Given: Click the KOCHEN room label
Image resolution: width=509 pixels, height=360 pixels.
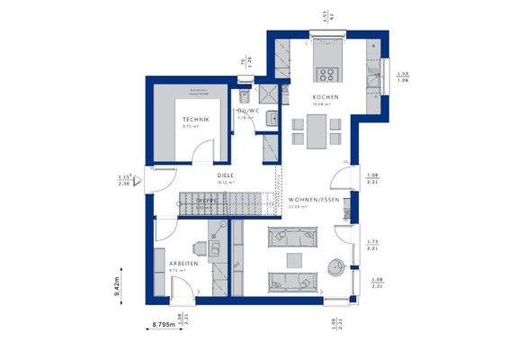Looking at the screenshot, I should click(326, 96).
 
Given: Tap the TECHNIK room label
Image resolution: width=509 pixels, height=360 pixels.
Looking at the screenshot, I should click(195, 120).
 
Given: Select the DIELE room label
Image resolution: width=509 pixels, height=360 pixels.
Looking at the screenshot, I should click(225, 175).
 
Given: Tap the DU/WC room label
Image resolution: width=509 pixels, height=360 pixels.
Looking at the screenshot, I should click(248, 112).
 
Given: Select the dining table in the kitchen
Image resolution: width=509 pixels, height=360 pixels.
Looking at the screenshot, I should click(316, 134).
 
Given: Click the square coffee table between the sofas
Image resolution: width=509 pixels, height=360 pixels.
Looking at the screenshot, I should click(292, 259).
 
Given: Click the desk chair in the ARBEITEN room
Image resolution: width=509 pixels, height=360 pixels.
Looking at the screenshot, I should click(201, 245).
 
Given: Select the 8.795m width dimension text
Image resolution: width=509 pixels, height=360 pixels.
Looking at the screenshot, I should click(162, 322).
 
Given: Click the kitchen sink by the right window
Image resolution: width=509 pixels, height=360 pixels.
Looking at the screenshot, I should click(375, 72).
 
